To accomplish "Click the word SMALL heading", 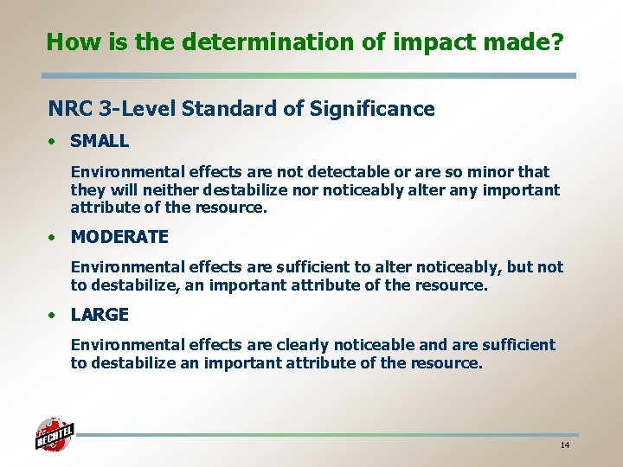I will [100, 140].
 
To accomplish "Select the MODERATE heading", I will [119, 236].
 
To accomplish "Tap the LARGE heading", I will [100, 314].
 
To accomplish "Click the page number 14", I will [564, 445].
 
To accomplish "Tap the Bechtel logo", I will [55, 435].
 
